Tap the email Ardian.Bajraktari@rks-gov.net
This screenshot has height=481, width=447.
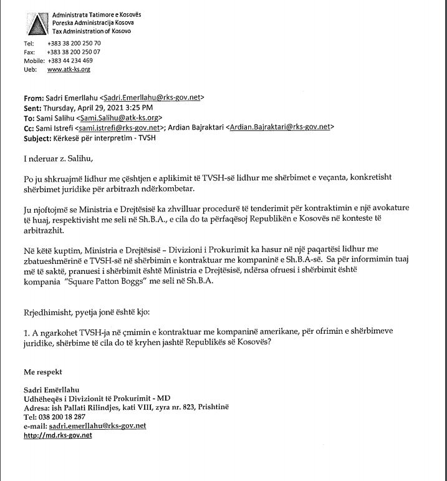point(280,127)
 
